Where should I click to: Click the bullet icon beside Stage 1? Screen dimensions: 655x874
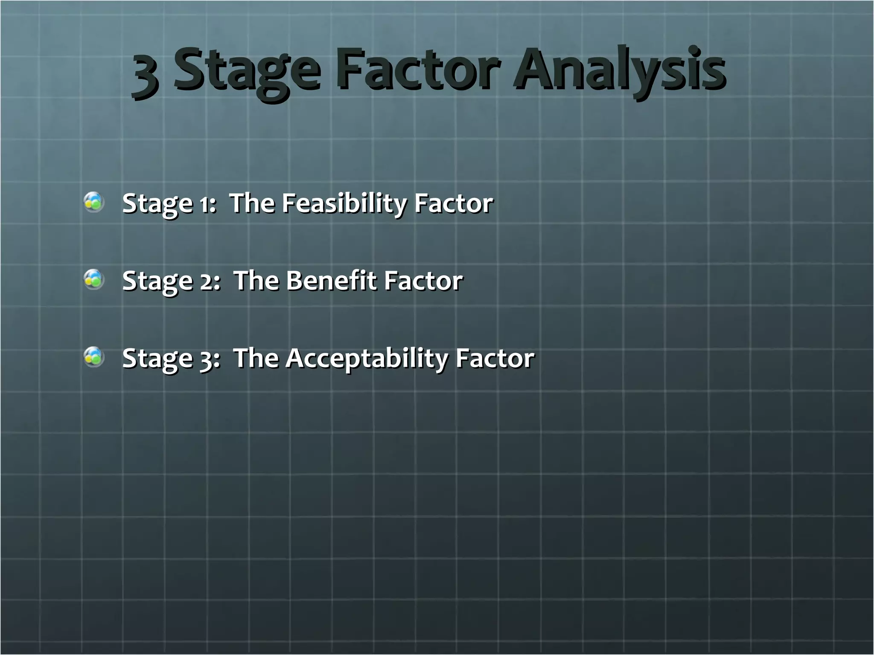click(x=93, y=202)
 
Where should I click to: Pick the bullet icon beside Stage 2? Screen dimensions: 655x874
click(x=93, y=280)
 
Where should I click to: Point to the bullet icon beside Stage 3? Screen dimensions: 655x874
click(x=93, y=357)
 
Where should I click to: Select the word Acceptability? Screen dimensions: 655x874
click(x=367, y=359)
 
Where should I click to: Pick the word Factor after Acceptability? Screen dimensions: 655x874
click(x=495, y=358)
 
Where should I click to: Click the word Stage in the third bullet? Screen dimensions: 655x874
click(x=157, y=359)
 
